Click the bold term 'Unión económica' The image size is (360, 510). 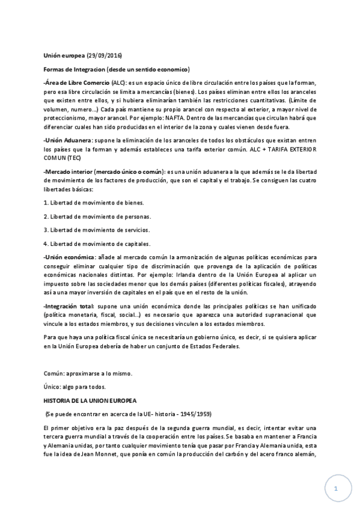(67, 257)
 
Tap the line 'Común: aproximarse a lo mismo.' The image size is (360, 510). (88, 373)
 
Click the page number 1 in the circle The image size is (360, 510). (336, 490)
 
